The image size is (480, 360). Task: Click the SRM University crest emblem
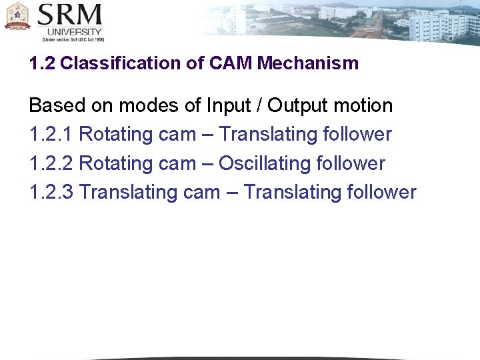[x=18, y=15]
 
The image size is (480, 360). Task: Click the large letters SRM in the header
[x=69, y=15]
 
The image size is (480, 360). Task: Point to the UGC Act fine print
[x=73, y=40]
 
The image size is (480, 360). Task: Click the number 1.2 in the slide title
[x=42, y=64]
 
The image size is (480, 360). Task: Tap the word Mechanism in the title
[x=308, y=64]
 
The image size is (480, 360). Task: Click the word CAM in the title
[x=231, y=64]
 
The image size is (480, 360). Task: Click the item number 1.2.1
[x=51, y=135]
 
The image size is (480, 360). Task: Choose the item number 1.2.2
[x=51, y=163]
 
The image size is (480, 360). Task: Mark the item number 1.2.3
[x=51, y=193]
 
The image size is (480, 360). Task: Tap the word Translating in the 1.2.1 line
[x=268, y=135]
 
